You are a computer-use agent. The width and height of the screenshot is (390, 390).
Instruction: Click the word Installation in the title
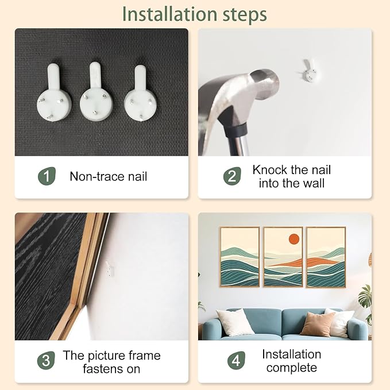click(x=170, y=14)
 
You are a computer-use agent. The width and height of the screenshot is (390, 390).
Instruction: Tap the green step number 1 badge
click(x=47, y=176)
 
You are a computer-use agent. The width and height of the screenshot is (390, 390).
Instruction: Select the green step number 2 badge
click(x=232, y=176)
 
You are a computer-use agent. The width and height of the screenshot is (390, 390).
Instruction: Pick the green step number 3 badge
click(x=46, y=360)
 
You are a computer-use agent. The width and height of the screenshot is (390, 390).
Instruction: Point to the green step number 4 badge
click(x=236, y=360)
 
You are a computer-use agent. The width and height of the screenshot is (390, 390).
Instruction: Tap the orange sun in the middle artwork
click(x=294, y=239)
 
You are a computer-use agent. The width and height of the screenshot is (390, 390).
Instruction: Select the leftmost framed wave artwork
click(x=240, y=257)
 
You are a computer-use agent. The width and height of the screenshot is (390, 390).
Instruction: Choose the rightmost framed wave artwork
click(x=326, y=257)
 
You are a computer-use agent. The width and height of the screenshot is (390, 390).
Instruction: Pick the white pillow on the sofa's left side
click(x=234, y=322)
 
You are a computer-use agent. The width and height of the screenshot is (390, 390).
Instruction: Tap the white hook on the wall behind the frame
click(x=110, y=269)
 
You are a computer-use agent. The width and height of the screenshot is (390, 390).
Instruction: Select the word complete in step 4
click(x=292, y=368)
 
